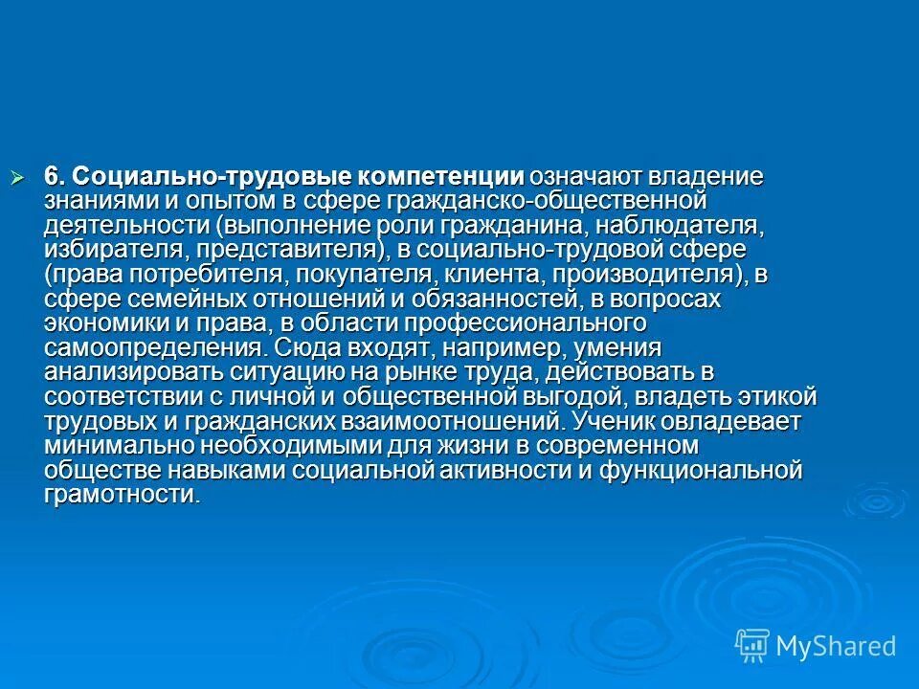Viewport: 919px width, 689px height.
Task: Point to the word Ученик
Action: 609,421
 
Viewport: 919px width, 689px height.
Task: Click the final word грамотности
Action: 121,495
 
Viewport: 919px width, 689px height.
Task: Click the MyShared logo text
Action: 835,646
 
